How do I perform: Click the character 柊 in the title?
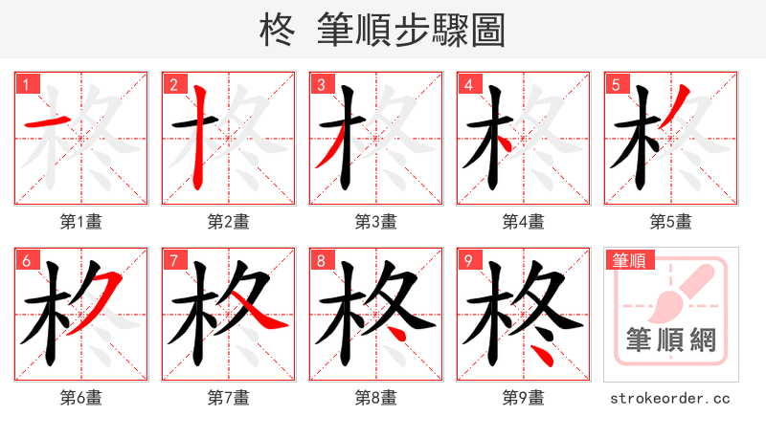coord(279,31)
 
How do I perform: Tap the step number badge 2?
coord(173,85)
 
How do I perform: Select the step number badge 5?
coord(616,85)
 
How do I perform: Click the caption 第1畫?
coord(81,222)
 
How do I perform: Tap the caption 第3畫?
coord(376,222)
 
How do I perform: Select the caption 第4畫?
coord(524,222)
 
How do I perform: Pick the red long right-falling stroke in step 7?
coord(259,312)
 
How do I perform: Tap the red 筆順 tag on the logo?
coord(630,260)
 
